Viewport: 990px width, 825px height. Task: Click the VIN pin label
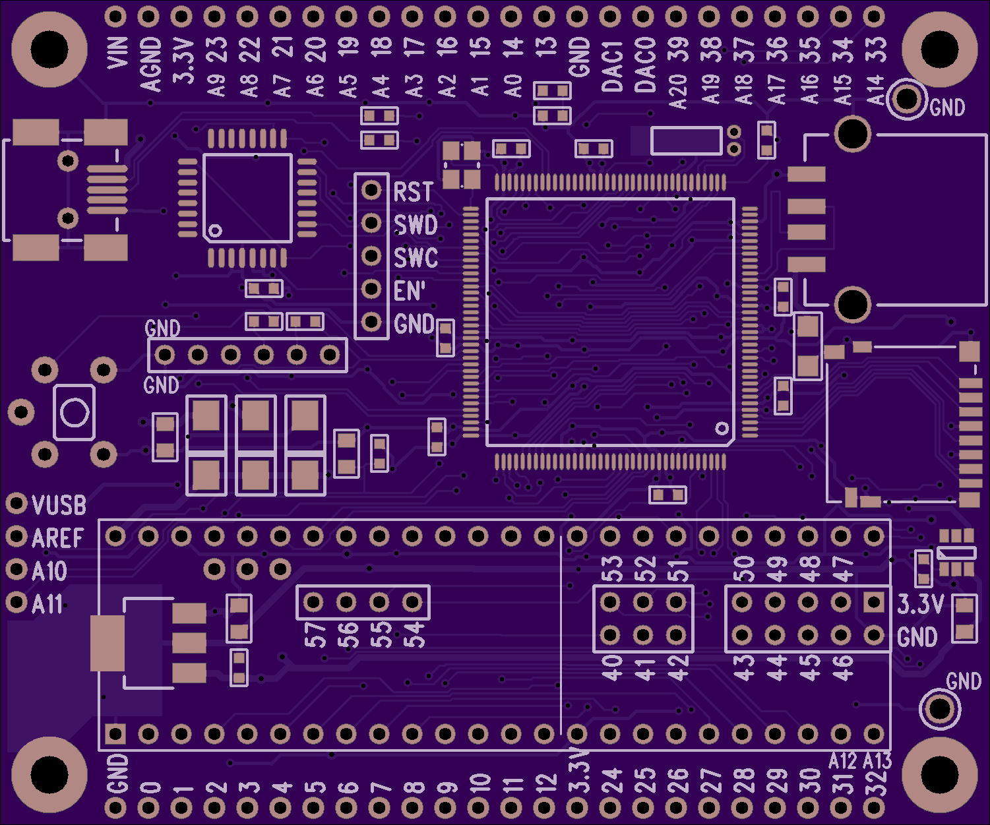(x=117, y=52)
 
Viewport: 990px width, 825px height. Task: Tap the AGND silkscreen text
(x=151, y=64)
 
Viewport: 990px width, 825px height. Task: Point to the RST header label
(x=413, y=192)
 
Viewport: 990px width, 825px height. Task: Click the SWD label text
(x=416, y=225)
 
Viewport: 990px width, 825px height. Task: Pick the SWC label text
(x=416, y=258)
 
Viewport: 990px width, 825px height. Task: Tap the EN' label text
(x=410, y=291)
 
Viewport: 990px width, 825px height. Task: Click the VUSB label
(x=59, y=505)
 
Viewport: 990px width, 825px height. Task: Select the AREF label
(x=57, y=538)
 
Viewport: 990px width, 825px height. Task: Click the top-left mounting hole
(x=49, y=49)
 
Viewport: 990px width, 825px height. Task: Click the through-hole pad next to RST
(x=372, y=191)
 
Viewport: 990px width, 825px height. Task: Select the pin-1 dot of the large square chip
(x=722, y=429)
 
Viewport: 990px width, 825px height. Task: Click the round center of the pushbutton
(x=74, y=413)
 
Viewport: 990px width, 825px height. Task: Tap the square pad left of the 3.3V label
(x=874, y=602)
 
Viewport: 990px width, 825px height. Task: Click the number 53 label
(x=612, y=568)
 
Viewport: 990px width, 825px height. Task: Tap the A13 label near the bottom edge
(x=877, y=761)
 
